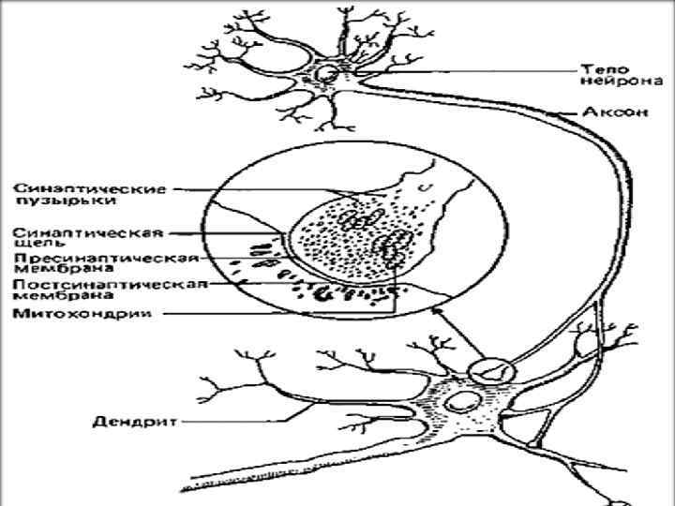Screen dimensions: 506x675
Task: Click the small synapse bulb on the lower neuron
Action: click(492, 368)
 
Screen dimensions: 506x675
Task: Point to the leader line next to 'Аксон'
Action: click(567, 113)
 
